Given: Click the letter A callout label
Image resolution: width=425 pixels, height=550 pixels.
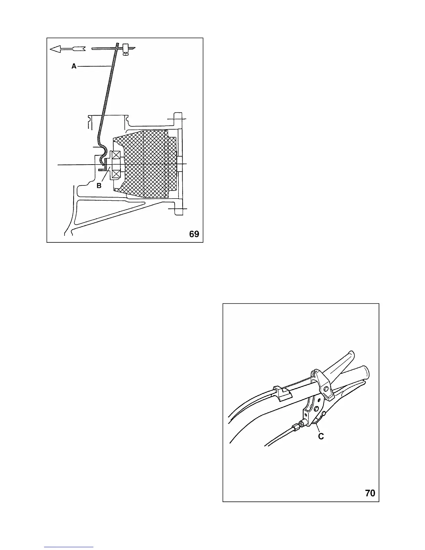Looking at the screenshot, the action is tap(74, 66).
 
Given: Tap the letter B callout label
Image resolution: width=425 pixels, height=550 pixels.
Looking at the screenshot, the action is tap(99, 186).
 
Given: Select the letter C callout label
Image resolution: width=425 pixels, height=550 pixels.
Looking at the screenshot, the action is tap(321, 436).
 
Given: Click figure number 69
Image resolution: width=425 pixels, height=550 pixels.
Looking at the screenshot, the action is tap(194, 234).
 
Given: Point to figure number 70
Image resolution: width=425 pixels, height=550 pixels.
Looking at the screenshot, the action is tap(370, 493).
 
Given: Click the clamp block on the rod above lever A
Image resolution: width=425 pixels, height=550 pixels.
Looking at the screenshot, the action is tap(126, 47).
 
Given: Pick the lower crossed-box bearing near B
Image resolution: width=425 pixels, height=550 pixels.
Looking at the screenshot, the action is tap(115, 173).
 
